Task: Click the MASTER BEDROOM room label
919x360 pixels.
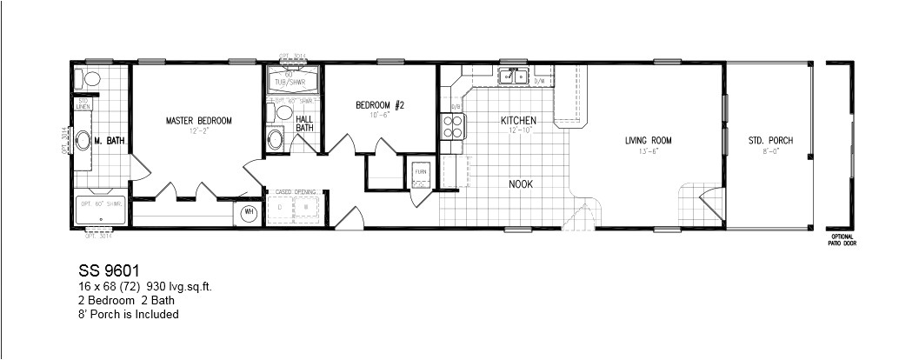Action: tap(199, 121)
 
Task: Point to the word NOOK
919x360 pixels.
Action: tap(522, 184)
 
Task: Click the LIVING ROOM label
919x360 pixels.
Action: tap(649, 140)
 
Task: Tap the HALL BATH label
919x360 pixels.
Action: tap(304, 123)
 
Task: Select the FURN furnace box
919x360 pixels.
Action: tap(422, 172)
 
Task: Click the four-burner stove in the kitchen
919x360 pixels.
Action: tap(453, 128)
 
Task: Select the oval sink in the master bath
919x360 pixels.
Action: tap(82, 141)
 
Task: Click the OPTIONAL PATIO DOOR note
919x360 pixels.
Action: tap(842, 242)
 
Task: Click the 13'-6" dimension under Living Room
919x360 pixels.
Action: tap(649, 150)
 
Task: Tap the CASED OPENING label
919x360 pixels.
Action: tap(295, 190)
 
